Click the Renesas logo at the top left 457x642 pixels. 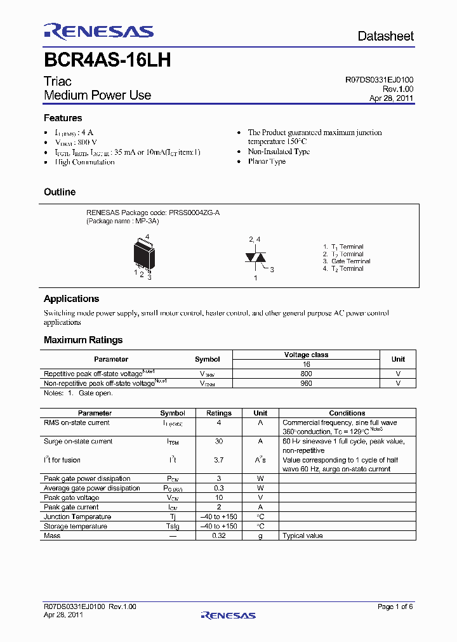[x=98, y=32]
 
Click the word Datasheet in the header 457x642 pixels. [x=385, y=36]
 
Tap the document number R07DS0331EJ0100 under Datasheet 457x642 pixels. [x=379, y=80]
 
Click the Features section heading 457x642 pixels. [x=63, y=118]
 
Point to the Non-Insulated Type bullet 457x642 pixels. [x=279, y=152]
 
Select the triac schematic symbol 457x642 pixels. [x=255, y=258]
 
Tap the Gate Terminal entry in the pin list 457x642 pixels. [x=350, y=261]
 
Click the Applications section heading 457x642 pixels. [x=71, y=299]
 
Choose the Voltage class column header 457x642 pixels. [x=306, y=355]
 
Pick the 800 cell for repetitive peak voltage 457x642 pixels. [x=306, y=374]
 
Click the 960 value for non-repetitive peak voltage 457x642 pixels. [x=306, y=383]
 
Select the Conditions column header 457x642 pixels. [x=347, y=413]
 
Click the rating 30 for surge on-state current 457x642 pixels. [x=219, y=442]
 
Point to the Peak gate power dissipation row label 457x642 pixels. [x=87, y=479]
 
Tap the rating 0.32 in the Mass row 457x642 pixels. [x=219, y=536]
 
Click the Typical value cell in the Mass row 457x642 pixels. [x=303, y=536]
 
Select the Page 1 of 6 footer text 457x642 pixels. [x=395, y=606]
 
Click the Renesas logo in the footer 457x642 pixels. [x=228, y=615]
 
